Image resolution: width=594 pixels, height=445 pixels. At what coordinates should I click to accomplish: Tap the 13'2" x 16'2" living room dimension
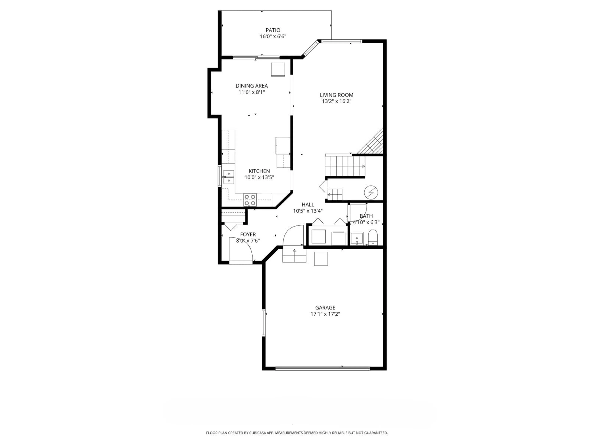click(336, 101)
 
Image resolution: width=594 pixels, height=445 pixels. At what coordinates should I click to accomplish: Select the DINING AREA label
click(252, 86)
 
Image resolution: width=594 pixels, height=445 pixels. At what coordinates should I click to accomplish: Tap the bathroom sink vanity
click(357, 238)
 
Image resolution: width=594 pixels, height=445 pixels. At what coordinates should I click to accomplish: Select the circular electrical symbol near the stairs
click(371, 192)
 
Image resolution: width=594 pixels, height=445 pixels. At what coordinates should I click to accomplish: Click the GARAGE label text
click(325, 308)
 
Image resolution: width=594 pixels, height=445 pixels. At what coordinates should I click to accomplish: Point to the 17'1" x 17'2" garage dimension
click(325, 314)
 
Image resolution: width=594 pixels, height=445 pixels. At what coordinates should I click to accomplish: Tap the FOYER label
click(248, 234)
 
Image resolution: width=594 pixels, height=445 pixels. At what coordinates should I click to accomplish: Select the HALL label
click(308, 204)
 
